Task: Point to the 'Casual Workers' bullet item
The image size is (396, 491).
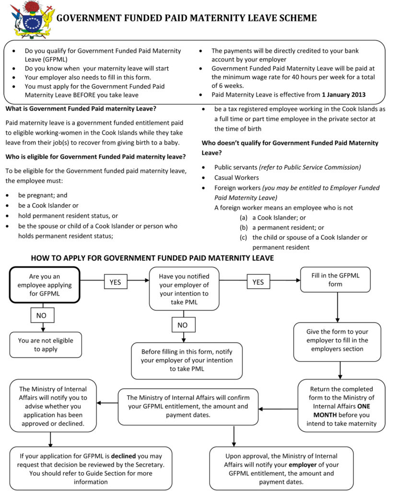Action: tap(236, 177)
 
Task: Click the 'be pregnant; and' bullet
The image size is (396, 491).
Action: tap(43, 196)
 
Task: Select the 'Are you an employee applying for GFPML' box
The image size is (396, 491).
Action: tap(45, 285)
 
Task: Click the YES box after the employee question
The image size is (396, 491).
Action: tap(115, 282)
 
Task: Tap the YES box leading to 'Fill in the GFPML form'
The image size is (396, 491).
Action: tap(258, 282)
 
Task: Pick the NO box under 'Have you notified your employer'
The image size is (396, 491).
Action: tap(183, 325)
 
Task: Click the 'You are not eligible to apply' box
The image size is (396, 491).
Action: tap(46, 345)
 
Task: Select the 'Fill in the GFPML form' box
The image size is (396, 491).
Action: tap(335, 280)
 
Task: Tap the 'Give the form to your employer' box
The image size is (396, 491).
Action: tap(337, 340)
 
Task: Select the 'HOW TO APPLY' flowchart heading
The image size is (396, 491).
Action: tap(152, 258)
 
